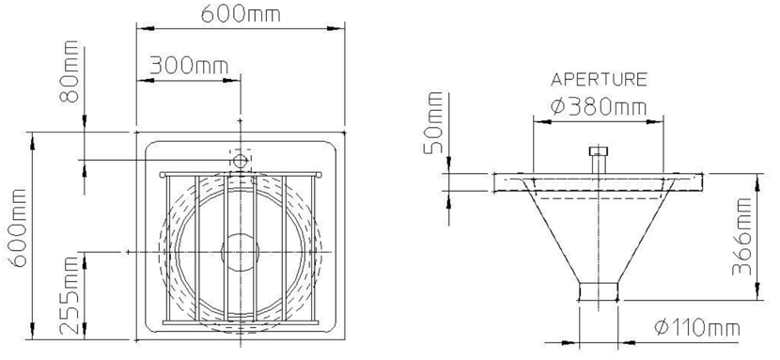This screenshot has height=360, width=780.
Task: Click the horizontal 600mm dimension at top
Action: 241,14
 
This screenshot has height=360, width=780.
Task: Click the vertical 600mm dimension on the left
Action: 20,227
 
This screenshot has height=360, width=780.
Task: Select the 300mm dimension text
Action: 189,65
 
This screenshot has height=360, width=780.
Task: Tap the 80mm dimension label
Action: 70,71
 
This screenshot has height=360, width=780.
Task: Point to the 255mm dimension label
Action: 70,295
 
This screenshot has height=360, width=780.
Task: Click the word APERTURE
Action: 599,80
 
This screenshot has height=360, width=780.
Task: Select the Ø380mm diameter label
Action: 599,106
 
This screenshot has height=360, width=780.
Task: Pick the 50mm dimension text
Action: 433,123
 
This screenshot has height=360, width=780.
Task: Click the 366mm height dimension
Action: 741,236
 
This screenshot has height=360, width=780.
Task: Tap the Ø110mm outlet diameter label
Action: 697,328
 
